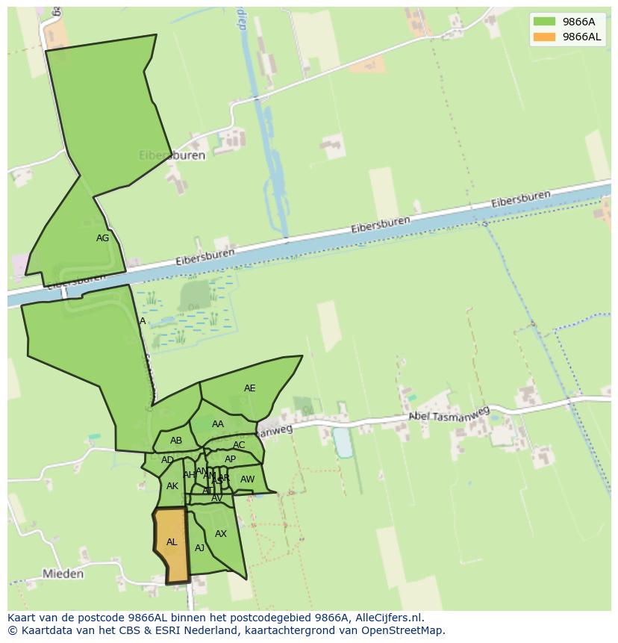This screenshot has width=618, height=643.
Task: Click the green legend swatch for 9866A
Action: click(544, 22)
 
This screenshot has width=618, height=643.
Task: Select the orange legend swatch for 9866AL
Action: click(544, 37)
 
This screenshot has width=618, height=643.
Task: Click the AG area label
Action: click(103, 238)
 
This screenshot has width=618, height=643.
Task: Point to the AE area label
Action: click(249, 388)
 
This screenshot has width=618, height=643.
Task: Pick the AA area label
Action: click(217, 424)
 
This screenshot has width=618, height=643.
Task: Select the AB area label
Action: click(176, 441)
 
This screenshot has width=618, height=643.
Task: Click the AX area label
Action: click(221, 534)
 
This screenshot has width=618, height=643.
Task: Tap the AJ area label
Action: click(199, 548)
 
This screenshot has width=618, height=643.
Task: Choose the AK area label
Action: click(172, 486)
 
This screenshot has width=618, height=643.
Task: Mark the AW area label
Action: click(247, 479)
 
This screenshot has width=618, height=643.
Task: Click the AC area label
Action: click(239, 445)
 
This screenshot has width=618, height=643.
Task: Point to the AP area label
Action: click(230, 459)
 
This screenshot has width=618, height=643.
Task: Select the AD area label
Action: click(167, 460)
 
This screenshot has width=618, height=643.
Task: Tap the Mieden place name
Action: click(63, 574)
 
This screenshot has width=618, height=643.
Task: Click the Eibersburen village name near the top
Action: click(172, 155)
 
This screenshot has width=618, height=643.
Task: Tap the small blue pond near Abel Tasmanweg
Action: click(343, 441)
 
